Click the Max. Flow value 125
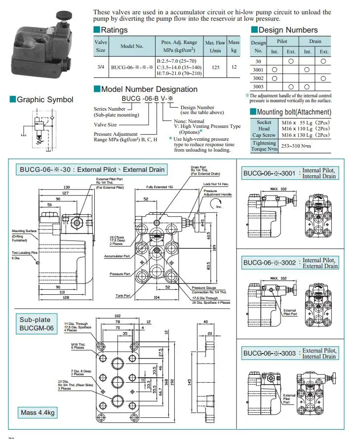click(x=215, y=67)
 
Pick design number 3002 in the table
click(x=258, y=78)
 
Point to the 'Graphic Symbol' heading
click(x=44, y=100)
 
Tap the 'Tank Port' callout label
click(x=123, y=295)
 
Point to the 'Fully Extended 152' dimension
click(x=160, y=187)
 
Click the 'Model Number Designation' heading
click(x=149, y=89)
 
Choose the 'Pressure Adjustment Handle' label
click(x=217, y=193)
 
